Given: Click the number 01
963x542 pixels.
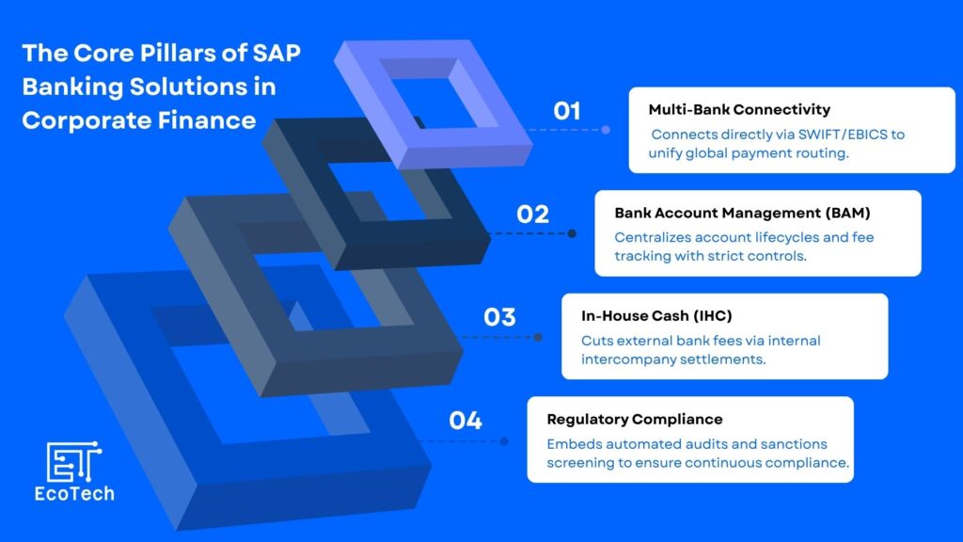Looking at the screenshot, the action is coord(567,111).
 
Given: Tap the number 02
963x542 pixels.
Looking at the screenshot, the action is coord(532,215).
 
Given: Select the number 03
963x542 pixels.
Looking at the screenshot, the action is coord(499,318).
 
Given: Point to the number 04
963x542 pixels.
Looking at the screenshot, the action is coord(466,421).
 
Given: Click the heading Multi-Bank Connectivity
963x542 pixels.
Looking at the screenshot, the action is coord(739,110).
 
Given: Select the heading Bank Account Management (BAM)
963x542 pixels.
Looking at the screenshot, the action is coord(743,214).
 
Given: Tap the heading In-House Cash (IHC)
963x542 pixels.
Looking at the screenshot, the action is coord(656,316).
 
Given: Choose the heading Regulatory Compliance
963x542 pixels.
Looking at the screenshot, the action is coord(635,420).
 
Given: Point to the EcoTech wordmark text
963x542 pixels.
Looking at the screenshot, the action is coord(74,494).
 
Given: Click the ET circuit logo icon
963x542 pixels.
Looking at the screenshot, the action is coord(73,461).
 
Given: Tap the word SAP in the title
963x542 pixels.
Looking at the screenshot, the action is coord(276,53).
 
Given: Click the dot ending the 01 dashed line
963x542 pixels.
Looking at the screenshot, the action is coord(606,130).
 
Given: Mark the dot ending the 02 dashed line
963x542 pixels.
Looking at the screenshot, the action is coord(572,233).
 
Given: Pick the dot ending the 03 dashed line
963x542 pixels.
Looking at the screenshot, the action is coord(538,338).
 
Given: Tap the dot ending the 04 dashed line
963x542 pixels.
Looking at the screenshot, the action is coord(504,441).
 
